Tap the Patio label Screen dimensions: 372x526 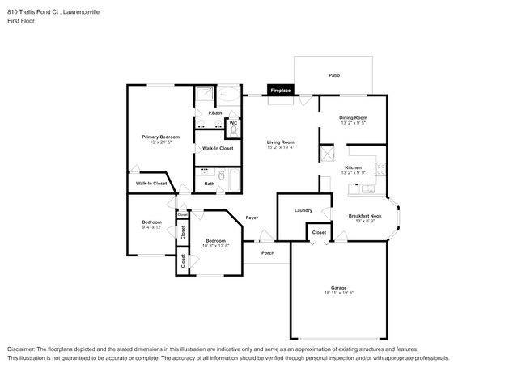(x=333, y=75)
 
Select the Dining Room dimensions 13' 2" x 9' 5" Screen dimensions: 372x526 (x=353, y=124)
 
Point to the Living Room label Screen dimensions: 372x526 (x=281, y=142)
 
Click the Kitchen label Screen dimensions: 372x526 (x=353, y=167)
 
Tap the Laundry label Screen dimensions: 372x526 (x=303, y=210)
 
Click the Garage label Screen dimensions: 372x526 (x=338, y=286)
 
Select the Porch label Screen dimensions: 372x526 (x=268, y=253)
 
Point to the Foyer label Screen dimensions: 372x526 (x=252, y=218)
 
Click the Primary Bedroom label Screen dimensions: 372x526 (x=161, y=137)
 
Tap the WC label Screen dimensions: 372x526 (x=234, y=123)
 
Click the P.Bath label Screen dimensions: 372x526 (x=215, y=112)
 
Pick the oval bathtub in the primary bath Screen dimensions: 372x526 (x=230, y=94)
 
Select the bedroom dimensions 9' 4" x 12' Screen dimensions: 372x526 (x=152, y=227)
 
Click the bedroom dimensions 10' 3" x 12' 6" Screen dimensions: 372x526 (x=215, y=246)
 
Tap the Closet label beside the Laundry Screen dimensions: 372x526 (x=320, y=233)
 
